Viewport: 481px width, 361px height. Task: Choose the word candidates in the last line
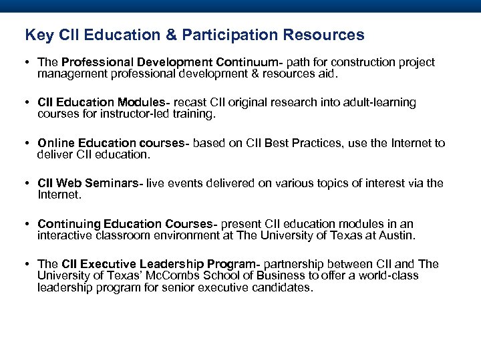281,288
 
